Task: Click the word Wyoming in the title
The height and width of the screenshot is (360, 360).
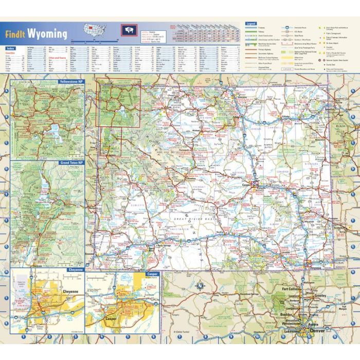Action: point(47,34)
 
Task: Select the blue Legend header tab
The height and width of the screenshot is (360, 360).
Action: point(251,24)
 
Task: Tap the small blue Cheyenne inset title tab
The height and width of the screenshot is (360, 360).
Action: point(75,269)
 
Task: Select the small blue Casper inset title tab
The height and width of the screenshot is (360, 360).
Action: point(152,274)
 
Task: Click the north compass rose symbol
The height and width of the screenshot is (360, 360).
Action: point(200,285)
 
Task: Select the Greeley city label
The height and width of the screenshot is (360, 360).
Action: point(320,296)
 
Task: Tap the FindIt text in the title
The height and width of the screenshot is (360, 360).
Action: point(15,35)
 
